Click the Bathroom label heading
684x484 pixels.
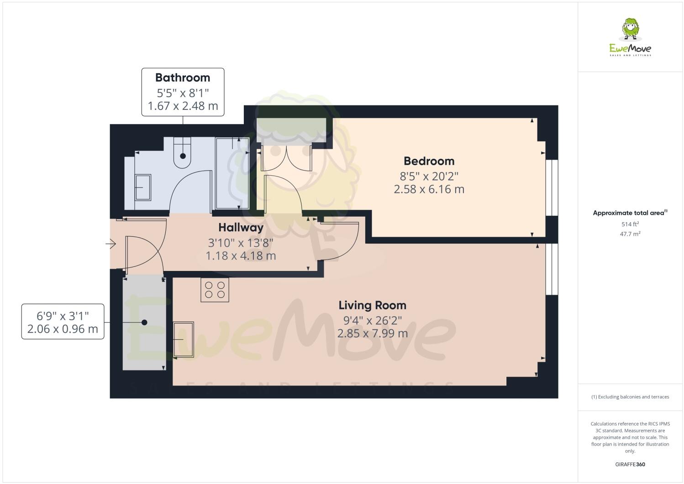(183, 78)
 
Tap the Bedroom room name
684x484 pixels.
(429, 161)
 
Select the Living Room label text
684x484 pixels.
(372, 305)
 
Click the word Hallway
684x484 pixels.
(241, 227)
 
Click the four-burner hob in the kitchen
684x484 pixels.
(215, 290)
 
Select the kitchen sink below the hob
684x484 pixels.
(184, 339)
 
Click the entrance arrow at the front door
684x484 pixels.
(110, 245)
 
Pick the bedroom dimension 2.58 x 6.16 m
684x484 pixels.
(429, 189)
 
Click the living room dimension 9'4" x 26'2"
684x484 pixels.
(372, 320)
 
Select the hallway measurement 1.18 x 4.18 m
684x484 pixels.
(241, 255)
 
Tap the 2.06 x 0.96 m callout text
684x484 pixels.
(63, 329)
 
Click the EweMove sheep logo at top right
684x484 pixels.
(631, 29)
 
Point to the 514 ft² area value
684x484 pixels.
(630, 224)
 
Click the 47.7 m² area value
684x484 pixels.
(630, 234)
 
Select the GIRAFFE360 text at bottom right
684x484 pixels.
(630, 464)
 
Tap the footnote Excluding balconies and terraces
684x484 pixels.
(630, 397)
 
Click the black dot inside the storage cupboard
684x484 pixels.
(144, 322)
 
